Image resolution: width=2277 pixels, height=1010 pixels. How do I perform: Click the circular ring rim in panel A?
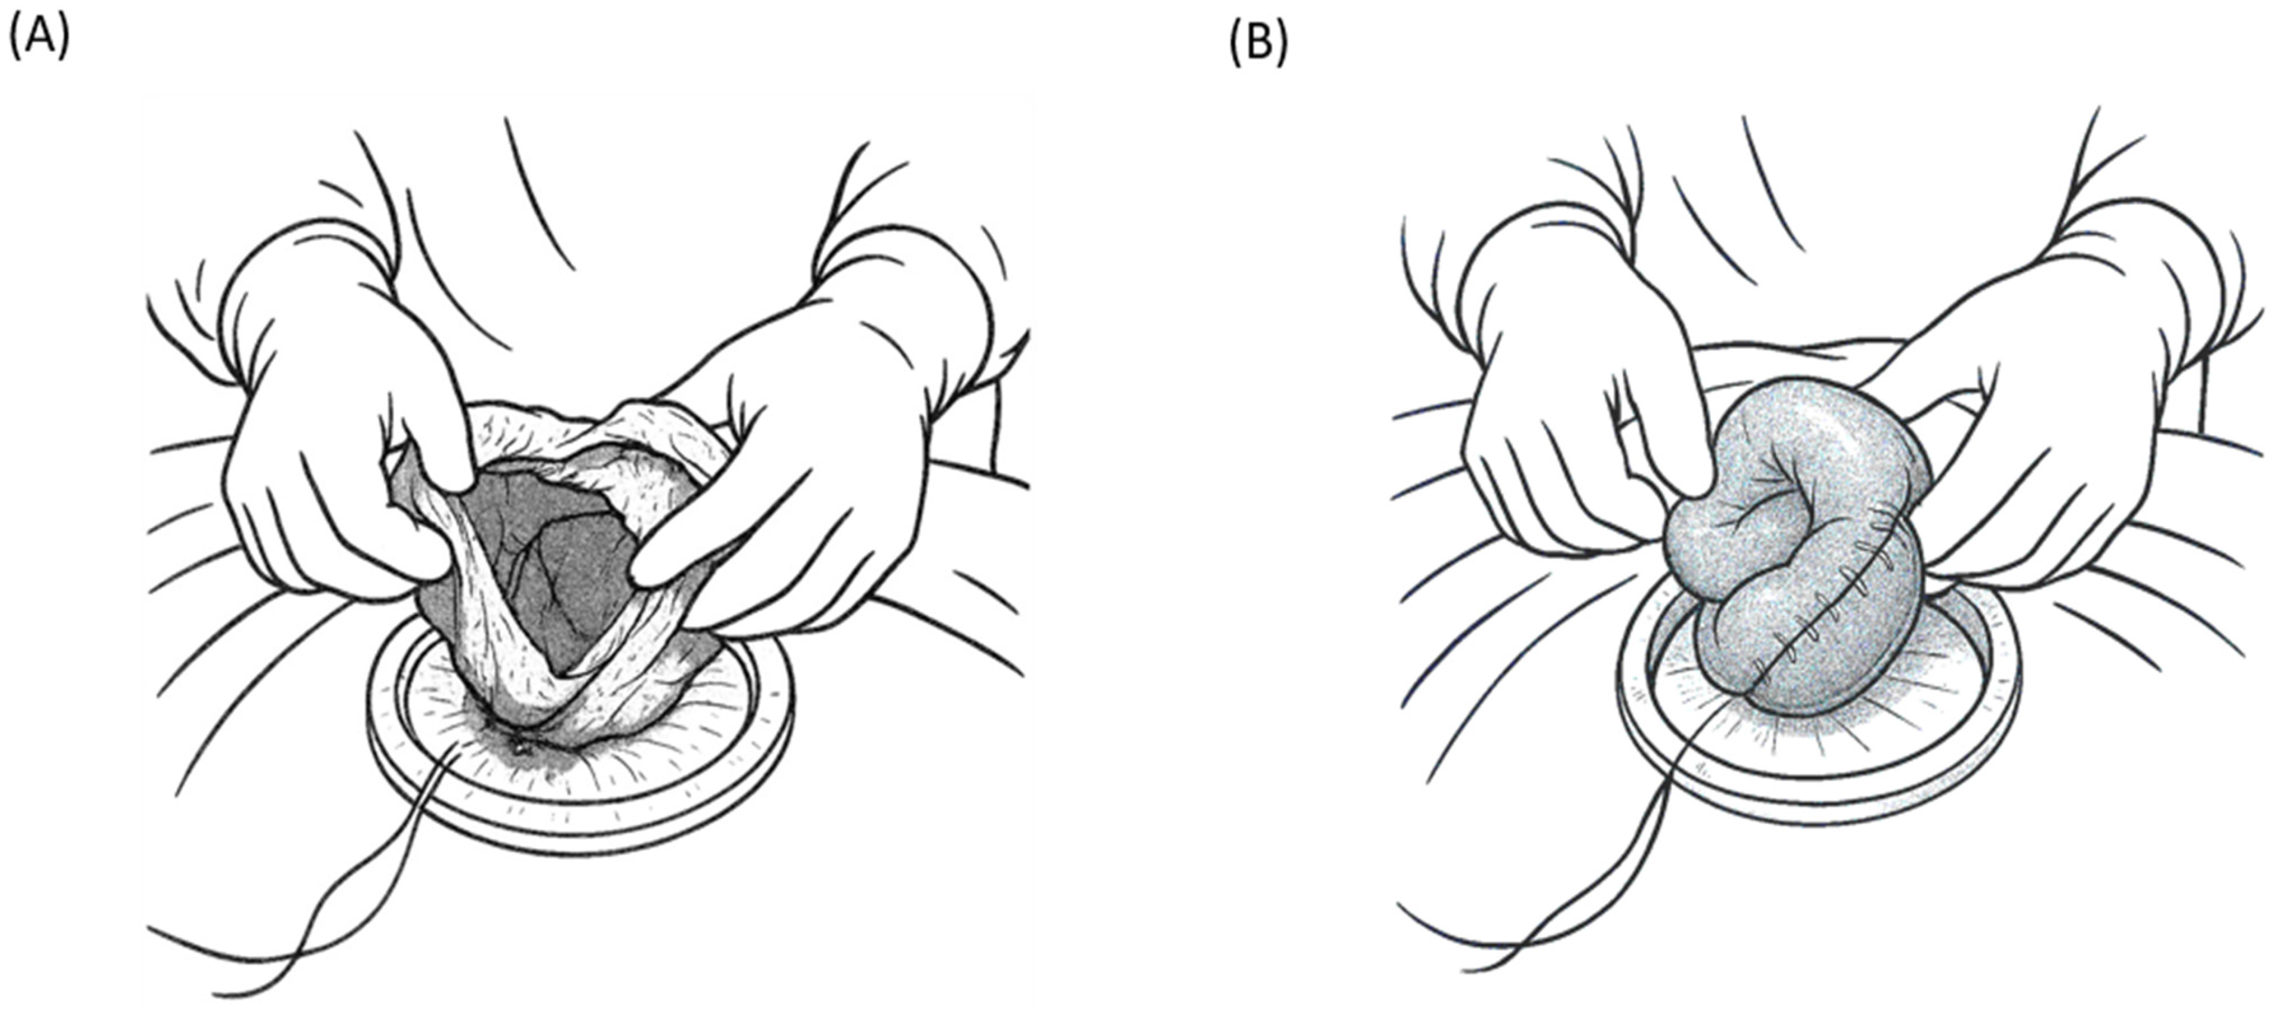(579, 830)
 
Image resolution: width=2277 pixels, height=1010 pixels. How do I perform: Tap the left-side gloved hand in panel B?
(1582, 407)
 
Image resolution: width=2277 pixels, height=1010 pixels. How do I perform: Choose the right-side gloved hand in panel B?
(2033, 424)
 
